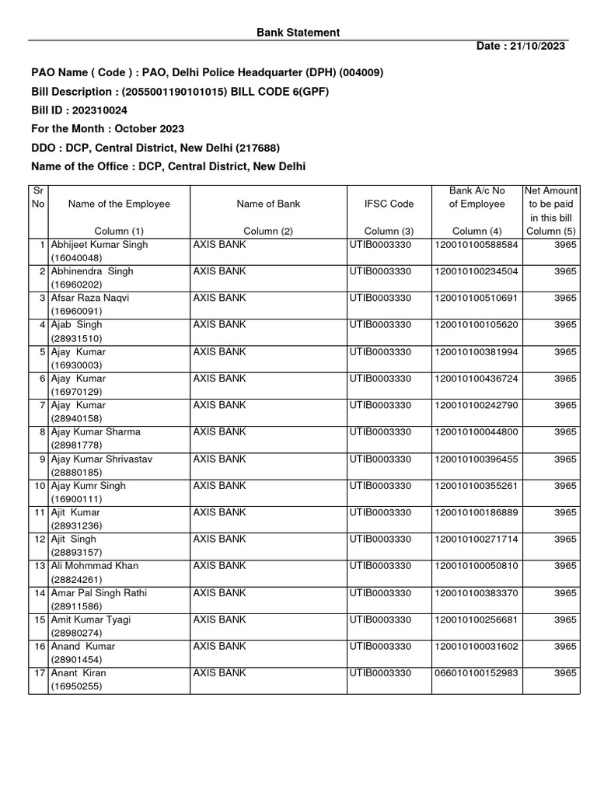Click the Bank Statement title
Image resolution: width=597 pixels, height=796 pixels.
click(298, 33)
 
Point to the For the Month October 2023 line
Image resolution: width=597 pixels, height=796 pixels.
click(107, 129)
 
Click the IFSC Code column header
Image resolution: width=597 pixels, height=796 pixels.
click(389, 204)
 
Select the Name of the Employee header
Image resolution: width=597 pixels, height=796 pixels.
click(119, 204)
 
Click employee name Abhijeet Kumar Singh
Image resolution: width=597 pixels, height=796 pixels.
click(99, 245)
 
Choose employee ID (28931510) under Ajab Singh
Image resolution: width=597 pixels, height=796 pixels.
click(76, 339)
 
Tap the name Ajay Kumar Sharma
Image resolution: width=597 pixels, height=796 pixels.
click(96, 432)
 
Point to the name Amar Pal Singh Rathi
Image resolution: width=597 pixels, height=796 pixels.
click(99, 593)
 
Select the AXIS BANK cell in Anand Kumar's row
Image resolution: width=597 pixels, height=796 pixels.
click(219, 647)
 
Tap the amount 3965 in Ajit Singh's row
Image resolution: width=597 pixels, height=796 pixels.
click(565, 539)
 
